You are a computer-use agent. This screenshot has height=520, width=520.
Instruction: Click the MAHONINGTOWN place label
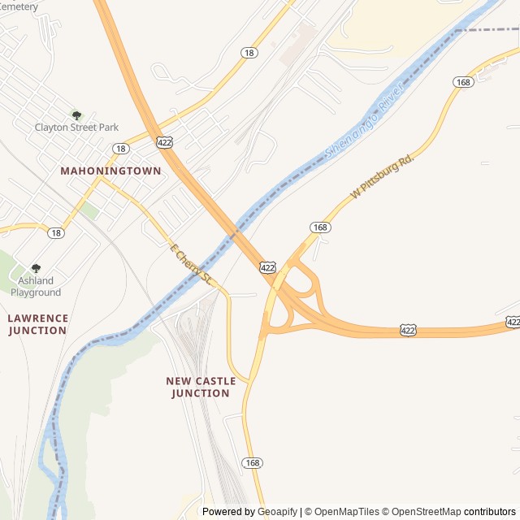[x=110, y=171]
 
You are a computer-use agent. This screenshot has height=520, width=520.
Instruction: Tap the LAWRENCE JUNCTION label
[x=37, y=324]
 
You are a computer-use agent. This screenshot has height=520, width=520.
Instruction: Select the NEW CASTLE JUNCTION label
[x=201, y=387]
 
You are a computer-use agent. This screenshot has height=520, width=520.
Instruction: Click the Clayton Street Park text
[x=76, y=128]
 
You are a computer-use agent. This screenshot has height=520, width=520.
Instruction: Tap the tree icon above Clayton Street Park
[x=76, y=115]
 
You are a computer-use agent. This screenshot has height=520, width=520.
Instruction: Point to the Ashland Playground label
[x=36, y=287]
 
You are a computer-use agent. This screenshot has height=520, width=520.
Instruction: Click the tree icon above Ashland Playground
[x=36, y=268]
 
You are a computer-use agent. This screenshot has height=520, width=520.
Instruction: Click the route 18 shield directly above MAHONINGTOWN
[x=121, y=149]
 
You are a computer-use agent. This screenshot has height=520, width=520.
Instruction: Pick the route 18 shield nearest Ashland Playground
[x=55, y=232]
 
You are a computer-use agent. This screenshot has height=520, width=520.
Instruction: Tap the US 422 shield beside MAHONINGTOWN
[x=164, y=142]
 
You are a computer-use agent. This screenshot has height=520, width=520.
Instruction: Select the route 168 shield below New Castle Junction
[x=252, y=462]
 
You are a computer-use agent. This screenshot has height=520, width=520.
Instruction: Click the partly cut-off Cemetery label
[x=19, y=6]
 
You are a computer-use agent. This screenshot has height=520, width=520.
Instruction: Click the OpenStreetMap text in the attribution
[x=422, y=512]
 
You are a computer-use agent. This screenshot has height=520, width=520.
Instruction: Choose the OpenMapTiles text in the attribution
[x=347, y=512]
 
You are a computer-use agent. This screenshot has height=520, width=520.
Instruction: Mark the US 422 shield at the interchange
[x=267, y=266]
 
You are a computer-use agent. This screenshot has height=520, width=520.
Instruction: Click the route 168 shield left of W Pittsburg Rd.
[x=321, y=227]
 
